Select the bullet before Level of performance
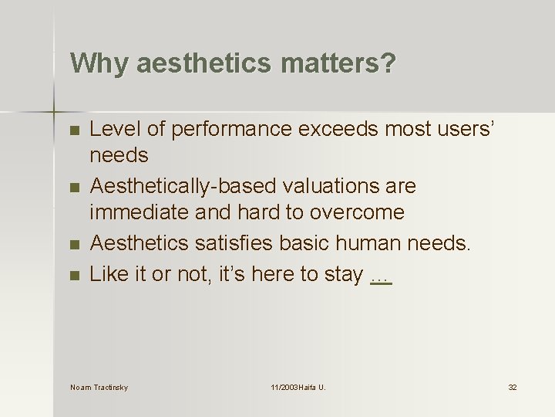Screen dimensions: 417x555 click(x=75, y=131)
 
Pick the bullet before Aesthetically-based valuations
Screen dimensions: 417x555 click(x=75, y=188)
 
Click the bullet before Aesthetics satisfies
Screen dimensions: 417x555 click(x=75, y=245)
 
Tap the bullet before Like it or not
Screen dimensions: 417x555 click(x=75, y=274)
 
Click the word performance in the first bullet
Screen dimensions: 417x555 click(x=234, y=129)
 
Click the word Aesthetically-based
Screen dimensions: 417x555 click(x=183, y=186)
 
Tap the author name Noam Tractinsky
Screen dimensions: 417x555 click(x=99, y=387)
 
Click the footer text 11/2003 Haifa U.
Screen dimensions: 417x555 click(x=298, y=387)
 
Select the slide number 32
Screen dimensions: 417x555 click(x=512, y=387)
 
